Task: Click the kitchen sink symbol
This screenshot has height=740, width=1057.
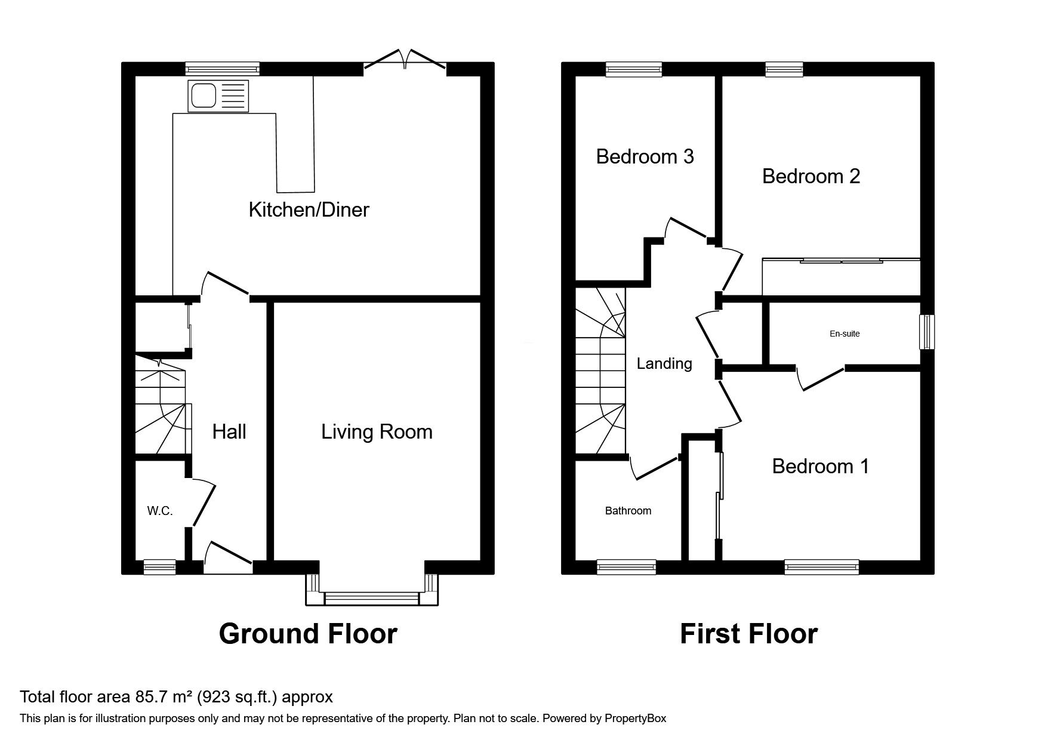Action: pyautogui.click(x=217, y=95)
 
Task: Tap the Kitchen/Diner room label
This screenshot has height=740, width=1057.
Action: pyautogui.click(x=309, y=209)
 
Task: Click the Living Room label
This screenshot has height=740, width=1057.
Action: pyautogui.click(x=377, y=431)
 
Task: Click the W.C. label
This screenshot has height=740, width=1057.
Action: pyautogui.click(x=160, y=511)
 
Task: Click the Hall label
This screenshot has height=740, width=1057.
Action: pyautogui.click(x=229, y=431)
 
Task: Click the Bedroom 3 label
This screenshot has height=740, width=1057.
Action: pyautogui.click(x=645, y=156)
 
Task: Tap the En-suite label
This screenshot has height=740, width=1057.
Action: pyautogui.click(x=845, y=334)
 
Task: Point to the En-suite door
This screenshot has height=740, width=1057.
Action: pyautogui.click(x=821, y=380)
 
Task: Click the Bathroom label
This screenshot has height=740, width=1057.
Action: pyautogui.click(x=628, y=511)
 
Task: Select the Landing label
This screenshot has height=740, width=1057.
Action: pyautogui.click(x=664, y=363)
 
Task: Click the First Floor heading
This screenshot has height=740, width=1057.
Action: pyautogui.click(x=748, y=634)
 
